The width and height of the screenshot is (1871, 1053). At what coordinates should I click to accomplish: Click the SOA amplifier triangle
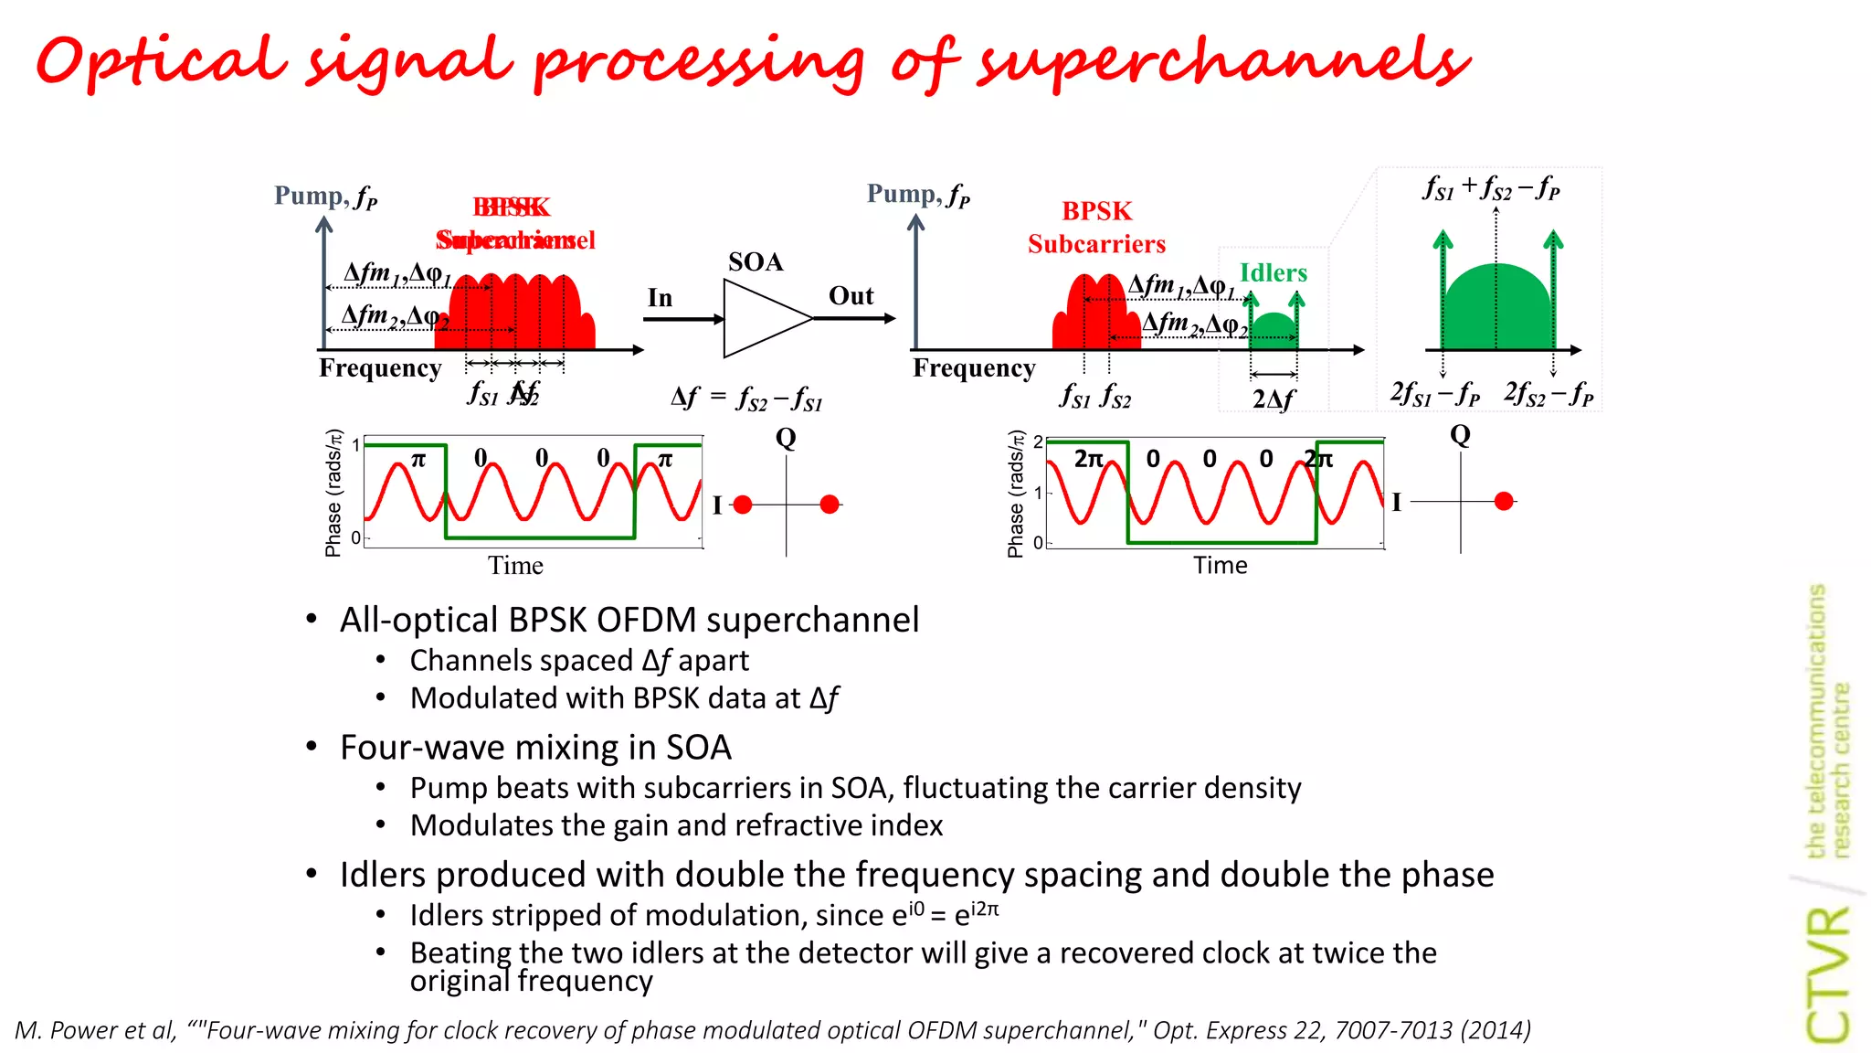tap(758, 318)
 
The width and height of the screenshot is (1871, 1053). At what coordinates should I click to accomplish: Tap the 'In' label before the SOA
tap(660, 298)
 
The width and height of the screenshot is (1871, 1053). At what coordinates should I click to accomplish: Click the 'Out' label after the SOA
tap(851, 296)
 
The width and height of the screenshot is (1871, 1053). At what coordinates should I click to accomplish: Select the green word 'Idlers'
tap(1273, 272)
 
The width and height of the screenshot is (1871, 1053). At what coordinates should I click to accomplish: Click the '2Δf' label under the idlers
tap(1274, 399)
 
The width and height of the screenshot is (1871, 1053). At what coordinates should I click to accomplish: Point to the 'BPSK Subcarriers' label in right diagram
tap(1096, 228)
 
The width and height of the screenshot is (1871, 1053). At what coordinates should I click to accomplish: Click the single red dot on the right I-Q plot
tap(1504, 501)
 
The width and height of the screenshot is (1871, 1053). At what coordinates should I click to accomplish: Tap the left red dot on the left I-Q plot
tap(743, 505)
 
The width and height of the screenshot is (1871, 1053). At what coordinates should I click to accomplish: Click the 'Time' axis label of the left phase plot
tap(515, 566)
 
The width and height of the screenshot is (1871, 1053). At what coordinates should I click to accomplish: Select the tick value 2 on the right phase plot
tap(1038, 442)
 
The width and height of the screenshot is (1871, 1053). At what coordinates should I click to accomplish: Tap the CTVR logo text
tap(1828, 974)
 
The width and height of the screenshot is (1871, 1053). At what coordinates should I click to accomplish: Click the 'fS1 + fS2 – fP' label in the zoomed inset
tap(1491, 188)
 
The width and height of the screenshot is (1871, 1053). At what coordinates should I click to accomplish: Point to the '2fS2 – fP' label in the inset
tap(1549, 393)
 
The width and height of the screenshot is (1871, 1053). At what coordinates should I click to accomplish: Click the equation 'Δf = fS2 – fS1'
tap(746, 398)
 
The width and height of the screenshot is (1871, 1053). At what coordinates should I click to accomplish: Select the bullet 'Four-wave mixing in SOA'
tap(535, 748)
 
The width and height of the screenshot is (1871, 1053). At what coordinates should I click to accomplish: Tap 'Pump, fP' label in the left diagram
tap(325, 197)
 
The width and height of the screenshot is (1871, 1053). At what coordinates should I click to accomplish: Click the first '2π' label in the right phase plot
tap(1088, 458)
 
